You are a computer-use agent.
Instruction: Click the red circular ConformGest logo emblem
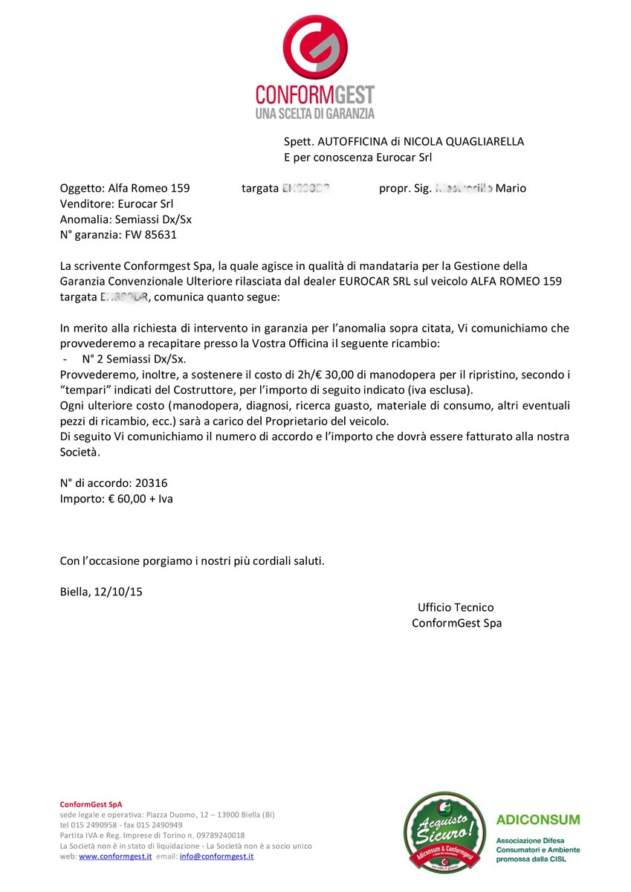pyautogui.click(x=315, y=46)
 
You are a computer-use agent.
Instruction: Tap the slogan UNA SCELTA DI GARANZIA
pyautogui.click(x=315, y=114)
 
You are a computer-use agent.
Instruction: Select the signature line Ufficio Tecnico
pyautogui.click(x=456, y=607)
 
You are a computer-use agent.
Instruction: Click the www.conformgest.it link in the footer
pyautogui.click(x=115, y=856)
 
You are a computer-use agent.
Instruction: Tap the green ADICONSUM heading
pyautogui.click(x=538, y=820)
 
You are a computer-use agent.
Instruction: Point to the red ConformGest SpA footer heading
pyautogui.click(x=91, y=804)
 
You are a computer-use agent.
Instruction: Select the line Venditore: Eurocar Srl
pyautogui.click(x=117, y=204)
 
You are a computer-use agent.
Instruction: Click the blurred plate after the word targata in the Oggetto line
pyautogui.click(x=305, y=188)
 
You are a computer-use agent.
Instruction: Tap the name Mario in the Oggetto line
pyautogui.click(x=511, y=188)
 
